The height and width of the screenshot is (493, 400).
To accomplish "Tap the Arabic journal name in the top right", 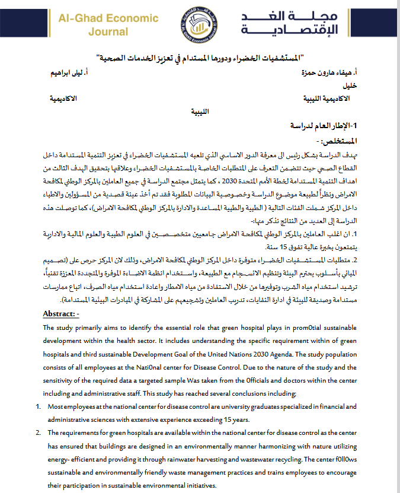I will click(x=315, y=24).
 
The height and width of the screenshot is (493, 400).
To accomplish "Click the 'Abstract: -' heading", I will click(x=65, y=313).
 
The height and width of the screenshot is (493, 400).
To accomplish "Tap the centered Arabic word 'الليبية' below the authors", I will click(x=196, y=111).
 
